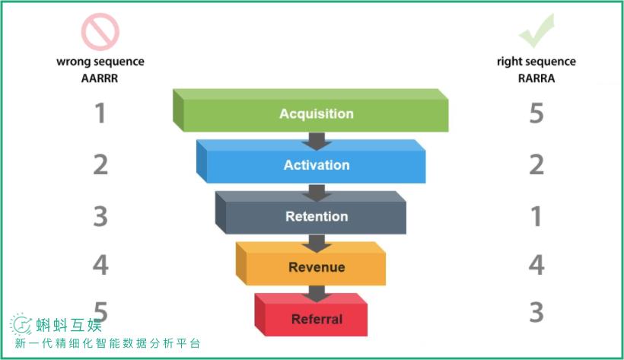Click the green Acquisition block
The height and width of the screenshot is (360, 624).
(310, 110)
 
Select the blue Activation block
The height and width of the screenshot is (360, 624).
(310, 161)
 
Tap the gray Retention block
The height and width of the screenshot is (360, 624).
(310, 212)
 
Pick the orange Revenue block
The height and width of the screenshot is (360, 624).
(310, 263)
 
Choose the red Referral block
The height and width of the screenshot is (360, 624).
(310, 315)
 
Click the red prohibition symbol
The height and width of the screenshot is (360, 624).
(100, 32)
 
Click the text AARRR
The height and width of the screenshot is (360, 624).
(100, 78)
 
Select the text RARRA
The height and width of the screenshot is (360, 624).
(536, 78)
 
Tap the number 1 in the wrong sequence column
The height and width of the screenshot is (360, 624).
(100, 113)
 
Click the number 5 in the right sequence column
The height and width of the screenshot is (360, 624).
(536, 113)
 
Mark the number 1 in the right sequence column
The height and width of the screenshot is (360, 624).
(536, 216)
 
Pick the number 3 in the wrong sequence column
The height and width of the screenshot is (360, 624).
(100, 216)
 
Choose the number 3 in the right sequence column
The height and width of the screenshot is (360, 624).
(536, 312)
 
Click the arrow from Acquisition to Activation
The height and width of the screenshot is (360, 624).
(317, 142)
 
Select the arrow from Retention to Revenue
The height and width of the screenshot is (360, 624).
(317, 244)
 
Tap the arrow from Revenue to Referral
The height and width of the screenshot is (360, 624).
(317, 294)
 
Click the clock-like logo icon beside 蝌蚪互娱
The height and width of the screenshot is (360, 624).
(21, 324)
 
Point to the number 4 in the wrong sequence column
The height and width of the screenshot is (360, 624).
(100, 265)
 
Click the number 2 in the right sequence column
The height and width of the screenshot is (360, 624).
(536, 164)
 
